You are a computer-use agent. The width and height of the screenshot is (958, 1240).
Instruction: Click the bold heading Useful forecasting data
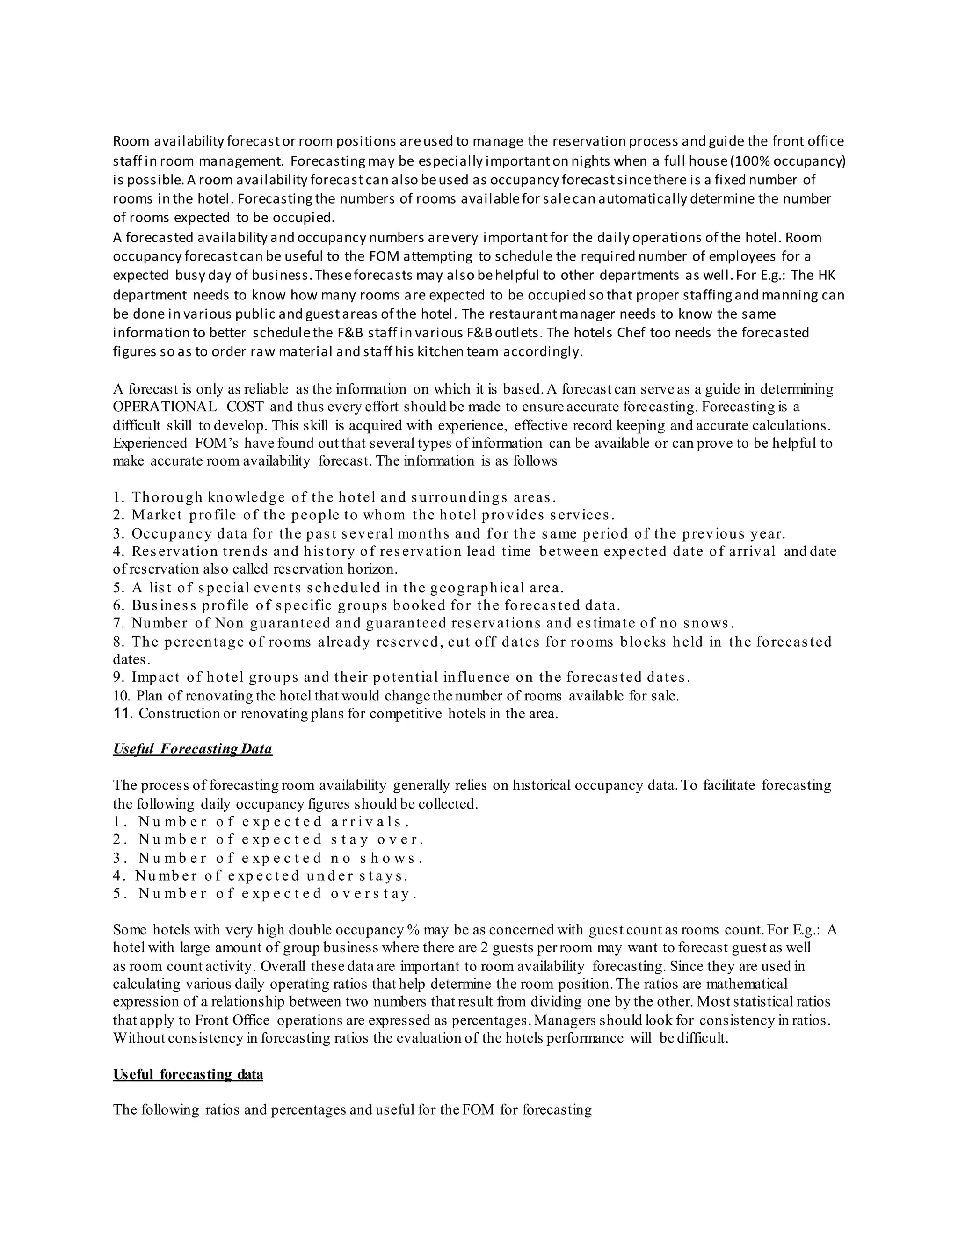[x=188, y=1074]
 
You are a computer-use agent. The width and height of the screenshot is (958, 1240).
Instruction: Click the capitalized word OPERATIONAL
[x=165, y=407]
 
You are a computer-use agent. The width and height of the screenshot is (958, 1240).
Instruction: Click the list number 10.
[x=122, y=696]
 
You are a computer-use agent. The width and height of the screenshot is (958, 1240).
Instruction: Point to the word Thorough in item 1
[x=167, y=497]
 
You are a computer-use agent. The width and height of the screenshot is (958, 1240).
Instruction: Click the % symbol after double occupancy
[x=413, y=930]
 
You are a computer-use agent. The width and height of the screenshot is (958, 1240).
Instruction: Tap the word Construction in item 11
[x=179, y=714]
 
